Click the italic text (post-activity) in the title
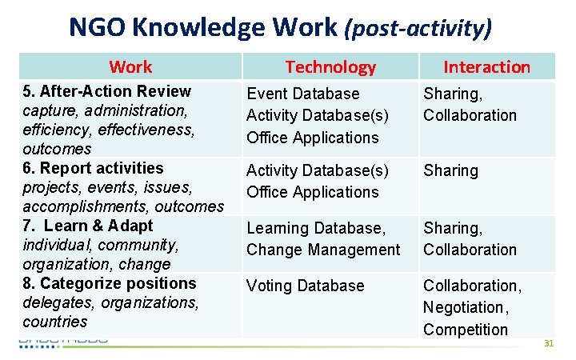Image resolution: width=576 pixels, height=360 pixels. point(418,29)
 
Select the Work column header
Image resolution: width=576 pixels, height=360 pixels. point(130,66)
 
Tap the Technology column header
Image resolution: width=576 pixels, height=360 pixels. point(330,67)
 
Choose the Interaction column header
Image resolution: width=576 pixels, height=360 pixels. point(486,67)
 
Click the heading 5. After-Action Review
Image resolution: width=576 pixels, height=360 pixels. point(106,91)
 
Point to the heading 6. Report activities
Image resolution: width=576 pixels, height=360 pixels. point(92,168)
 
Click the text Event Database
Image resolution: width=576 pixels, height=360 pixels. point(302,94)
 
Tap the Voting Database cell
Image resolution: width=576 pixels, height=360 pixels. point(305,286)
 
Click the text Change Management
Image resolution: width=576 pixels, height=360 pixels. point(322,250)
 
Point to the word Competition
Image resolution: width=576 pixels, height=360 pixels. point(465,330)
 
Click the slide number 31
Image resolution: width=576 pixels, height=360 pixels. point(548,343)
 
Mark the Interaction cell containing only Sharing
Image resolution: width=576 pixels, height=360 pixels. point(450,170)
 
